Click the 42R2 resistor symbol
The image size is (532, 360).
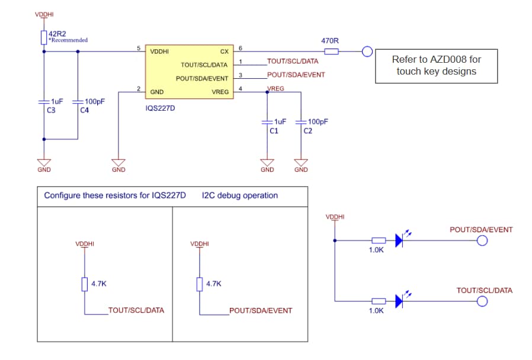44,37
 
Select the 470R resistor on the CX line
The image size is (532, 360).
332,52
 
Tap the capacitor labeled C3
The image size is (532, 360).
44,102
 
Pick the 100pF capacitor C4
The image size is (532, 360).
78,102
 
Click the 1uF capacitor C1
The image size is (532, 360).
267,122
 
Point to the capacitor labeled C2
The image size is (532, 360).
301,122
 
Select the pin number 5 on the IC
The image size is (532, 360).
139,48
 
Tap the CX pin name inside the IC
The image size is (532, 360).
224,52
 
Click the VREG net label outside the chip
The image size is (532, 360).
275,88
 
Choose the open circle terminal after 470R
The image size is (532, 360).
367,52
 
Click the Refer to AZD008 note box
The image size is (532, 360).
436,66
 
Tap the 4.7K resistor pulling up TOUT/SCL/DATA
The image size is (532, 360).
85,285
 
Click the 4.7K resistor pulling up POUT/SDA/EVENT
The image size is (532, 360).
200,285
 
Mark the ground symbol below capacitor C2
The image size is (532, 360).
301,162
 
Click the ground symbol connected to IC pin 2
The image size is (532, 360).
118,162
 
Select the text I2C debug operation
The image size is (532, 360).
239,195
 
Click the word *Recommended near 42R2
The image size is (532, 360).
68,40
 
